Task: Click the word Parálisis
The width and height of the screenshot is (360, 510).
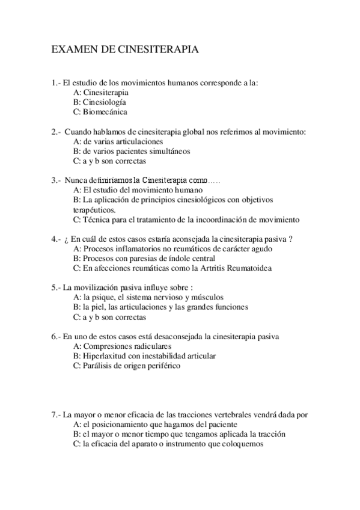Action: click(x=98, y=365)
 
